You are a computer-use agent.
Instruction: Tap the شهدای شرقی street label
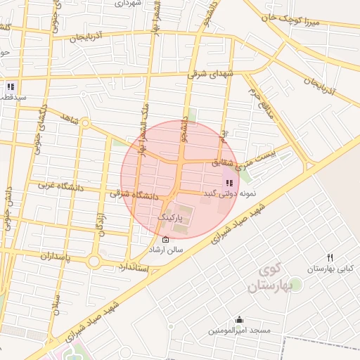pyautogui.click(x=210, y=72)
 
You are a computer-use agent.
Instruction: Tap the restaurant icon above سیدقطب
pyautogui.click(x=11, y=86)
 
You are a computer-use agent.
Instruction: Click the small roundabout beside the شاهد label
pyautogui.click(x=85, y=124)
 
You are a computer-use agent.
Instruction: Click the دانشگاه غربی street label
pyautogui.click(x=60, y=186)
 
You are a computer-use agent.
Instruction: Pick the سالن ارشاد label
pyautogui.click(x=165, y=250)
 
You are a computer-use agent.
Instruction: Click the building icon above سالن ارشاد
pyautogui.click(x=165, y=240)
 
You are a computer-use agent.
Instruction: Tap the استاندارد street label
pyautogui.click(x=131, y=266)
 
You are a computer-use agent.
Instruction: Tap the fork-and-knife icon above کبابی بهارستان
pyautogui.click(x=330, y=257)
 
